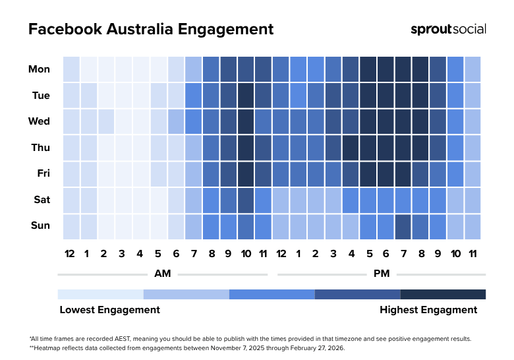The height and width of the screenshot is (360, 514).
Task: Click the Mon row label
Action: click(x=39, y=69)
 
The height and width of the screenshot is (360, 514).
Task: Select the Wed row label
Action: click(x=40, y=122)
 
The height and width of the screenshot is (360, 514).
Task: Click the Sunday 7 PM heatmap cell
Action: click(x=403, y=226)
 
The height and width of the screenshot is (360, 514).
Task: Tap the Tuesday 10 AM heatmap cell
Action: click(x=246, y=96)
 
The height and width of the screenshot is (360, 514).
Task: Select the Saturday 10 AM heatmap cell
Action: click(x=246, y=200)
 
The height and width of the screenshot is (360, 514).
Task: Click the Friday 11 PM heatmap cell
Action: click(x=472, y=174)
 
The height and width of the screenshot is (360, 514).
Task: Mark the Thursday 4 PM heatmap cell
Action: click(x=351, y=148)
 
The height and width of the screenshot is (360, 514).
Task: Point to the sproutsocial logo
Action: click(x=448, y=29)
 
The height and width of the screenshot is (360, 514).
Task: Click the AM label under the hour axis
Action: click(x=162, y=274)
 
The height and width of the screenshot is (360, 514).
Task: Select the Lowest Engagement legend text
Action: click(x=109, y=309)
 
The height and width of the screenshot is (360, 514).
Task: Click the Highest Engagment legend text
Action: click(x=428, y=309)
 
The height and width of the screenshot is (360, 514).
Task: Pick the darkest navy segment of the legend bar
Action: click(x=443, y=294)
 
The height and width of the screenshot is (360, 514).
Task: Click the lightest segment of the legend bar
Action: click(x=100, y=294)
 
